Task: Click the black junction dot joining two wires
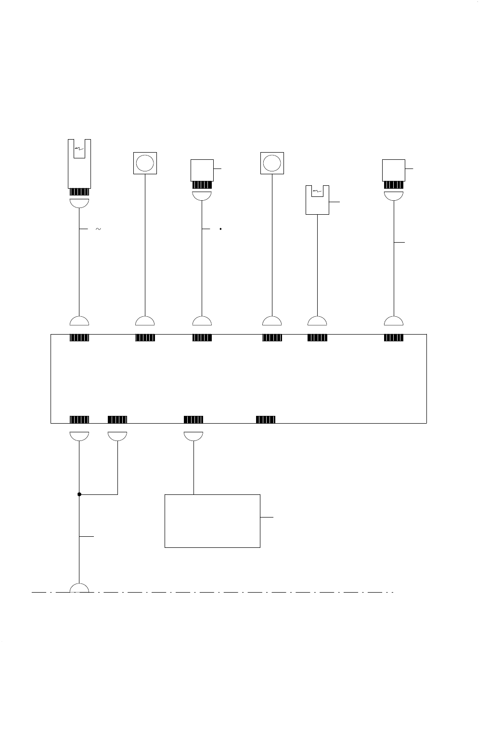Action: point(79,494)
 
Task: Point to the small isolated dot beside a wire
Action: point(220,229)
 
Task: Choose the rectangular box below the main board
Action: point(212,521)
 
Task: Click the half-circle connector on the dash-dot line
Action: point(79,588)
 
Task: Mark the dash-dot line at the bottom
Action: point(241,592)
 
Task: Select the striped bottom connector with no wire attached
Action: point(266,419)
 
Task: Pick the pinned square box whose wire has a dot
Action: point(202,170)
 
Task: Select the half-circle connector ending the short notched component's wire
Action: point(317,321)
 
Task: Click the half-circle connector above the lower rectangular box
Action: point(193,436)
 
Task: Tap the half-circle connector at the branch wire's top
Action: point(117,436)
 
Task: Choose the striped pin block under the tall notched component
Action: point(79,192)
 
